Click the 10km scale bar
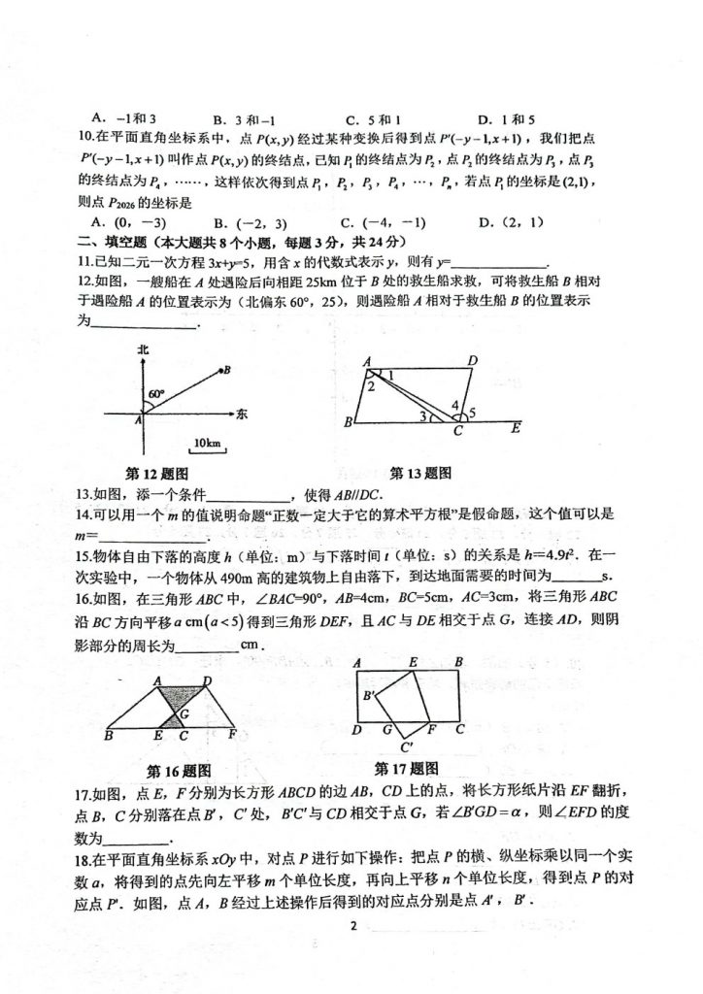pos(206,444)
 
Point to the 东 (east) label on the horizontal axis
pos(242,414)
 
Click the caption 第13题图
pos(420,474)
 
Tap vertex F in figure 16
pos(233,736)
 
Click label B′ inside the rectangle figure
pos(370,696)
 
